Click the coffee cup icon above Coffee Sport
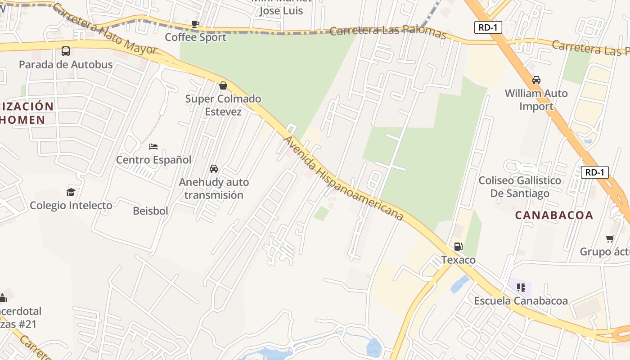195,24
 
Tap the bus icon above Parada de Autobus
66,51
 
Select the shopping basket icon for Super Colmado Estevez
223,85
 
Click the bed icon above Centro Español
153,147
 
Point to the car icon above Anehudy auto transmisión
214,169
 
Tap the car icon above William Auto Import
536,80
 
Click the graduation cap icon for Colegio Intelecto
71,193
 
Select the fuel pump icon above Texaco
458,247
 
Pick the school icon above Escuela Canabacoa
521,287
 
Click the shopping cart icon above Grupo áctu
610,238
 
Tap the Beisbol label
150,211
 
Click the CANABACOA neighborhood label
554,215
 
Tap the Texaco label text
458,260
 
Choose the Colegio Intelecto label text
71,206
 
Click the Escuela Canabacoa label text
521,301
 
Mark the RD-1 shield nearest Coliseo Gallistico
594,172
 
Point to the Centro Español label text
153,160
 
